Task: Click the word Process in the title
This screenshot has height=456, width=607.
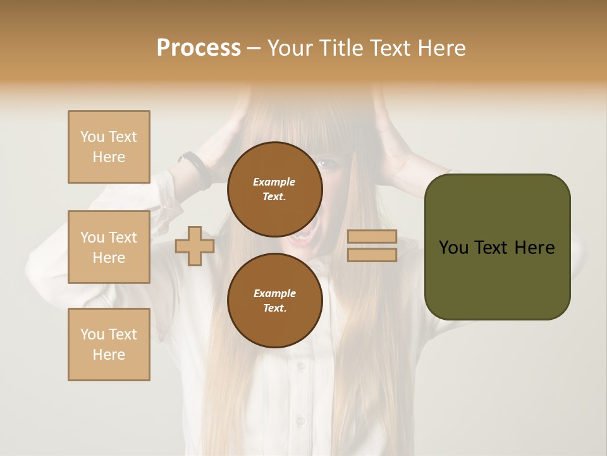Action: tap(199, 47)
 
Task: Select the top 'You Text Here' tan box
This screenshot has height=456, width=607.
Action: tap(109, 147)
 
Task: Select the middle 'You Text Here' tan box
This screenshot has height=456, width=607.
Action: tap(109, 247)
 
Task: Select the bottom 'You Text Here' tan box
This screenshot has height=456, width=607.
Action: tap(109, 345)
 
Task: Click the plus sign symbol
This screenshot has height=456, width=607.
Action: tap(195, 246)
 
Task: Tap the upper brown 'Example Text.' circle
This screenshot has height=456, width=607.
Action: tap(274, 189)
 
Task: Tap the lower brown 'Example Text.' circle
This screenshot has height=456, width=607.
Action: tap(274, 300)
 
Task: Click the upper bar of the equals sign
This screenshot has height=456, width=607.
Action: tap(372, 237)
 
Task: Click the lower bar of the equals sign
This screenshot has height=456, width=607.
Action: tap(372, 255)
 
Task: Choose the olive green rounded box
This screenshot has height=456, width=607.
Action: tap(497, 247)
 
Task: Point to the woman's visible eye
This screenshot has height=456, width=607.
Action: tap(328, 163)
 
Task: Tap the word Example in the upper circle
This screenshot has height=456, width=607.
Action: tap(274, 182)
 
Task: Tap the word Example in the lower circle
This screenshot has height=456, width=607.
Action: tap(274, 293)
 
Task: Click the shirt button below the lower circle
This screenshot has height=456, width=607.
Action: tap(299, 421)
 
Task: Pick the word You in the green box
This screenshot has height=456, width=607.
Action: tap(453, 247)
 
